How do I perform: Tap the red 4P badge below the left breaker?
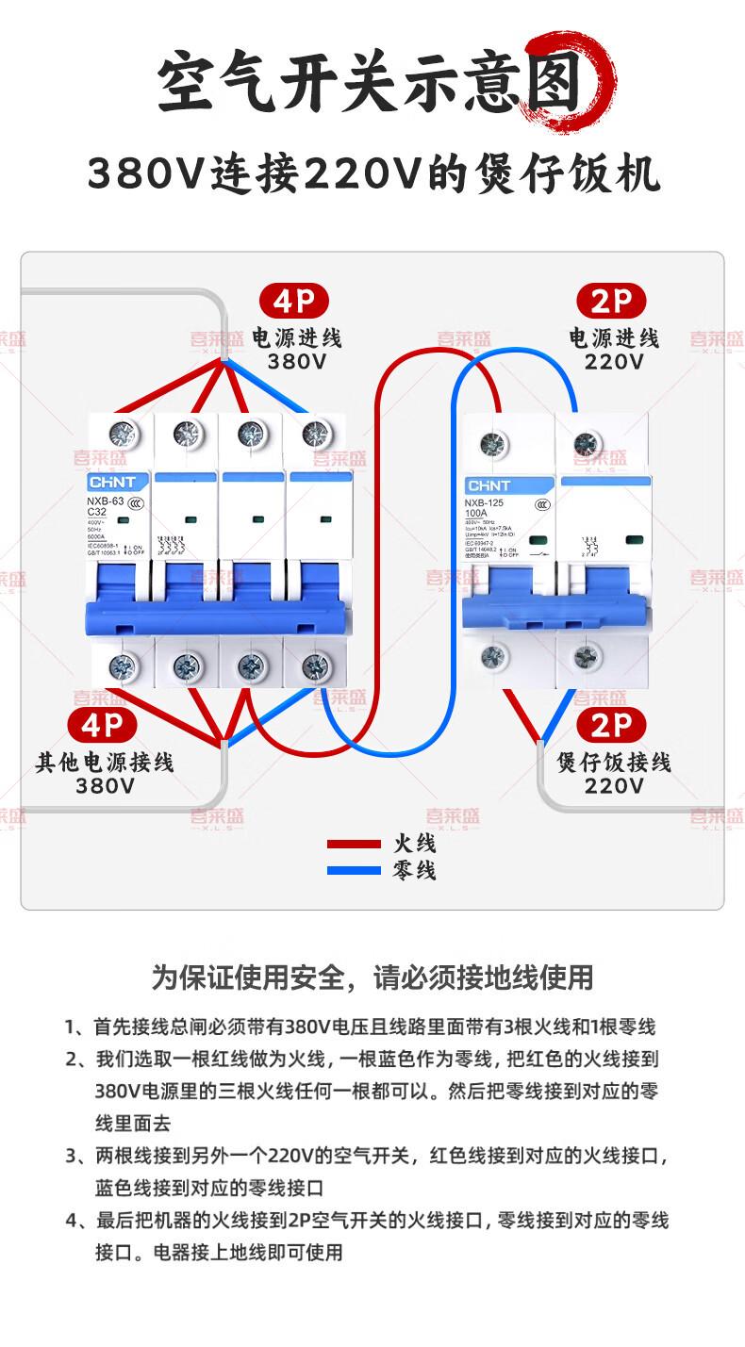pyautogui.click(x=103, y=725)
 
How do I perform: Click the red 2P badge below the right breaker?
pyautogui.click(x=611, y=725)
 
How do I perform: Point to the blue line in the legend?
pyautogui.click(x=354, y=869)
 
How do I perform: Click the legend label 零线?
pyautogui.click(x=414, y=869)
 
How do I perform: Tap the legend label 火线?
pyautogui.click(x=414, y=844)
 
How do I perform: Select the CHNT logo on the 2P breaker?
pyautogui.click(x=488, y=485)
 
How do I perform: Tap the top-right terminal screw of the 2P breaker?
pyautogui.click(x=587, y=442)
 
